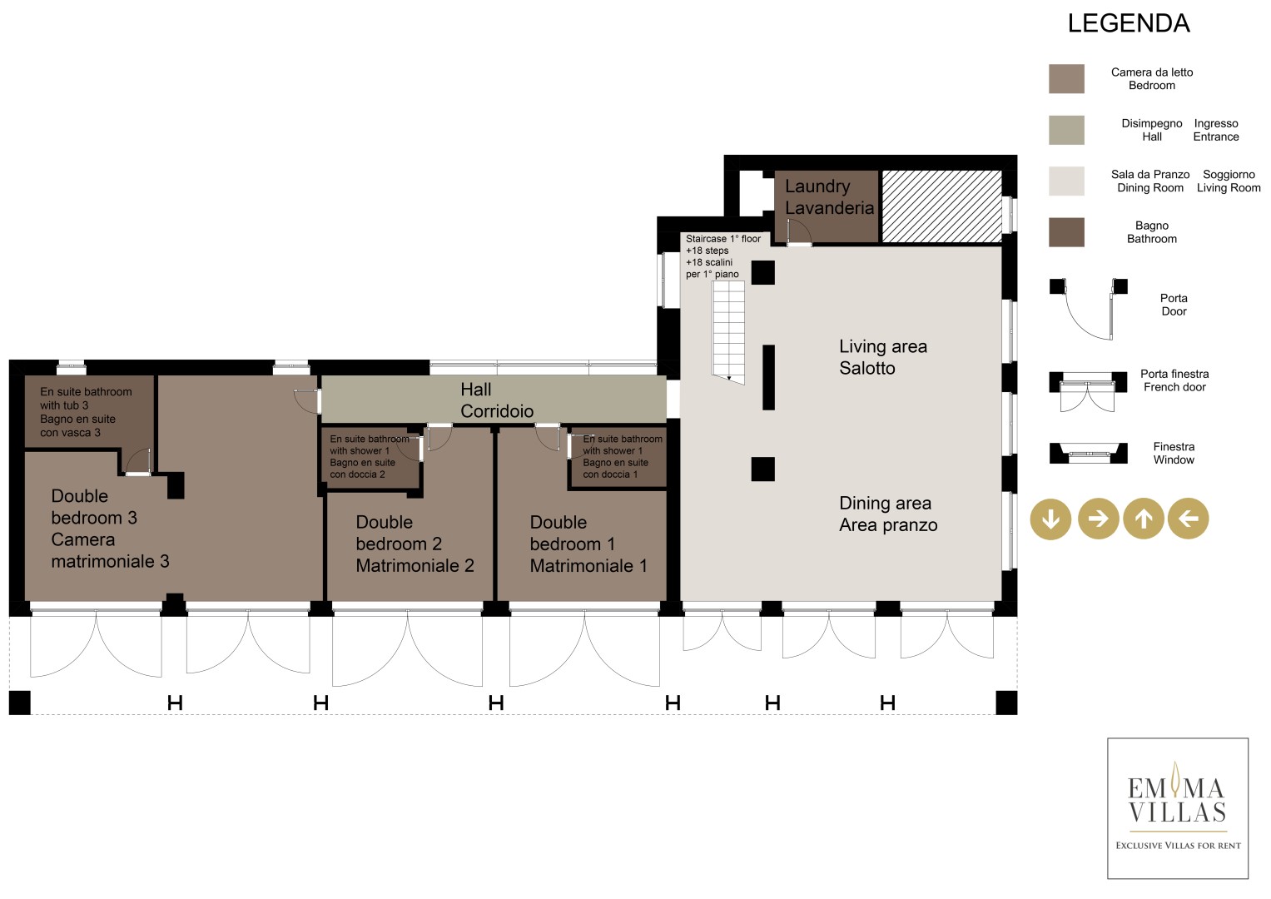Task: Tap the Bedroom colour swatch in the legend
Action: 1066,78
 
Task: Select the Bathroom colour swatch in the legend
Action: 1066,232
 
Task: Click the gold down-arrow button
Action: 1050,519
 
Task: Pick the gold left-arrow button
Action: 1188,518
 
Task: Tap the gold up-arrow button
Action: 1144,518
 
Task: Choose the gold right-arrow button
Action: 1098,518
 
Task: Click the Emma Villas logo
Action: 1178,808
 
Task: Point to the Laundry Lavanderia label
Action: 829,197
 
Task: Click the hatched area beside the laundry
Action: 941,206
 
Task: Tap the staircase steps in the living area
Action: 728,333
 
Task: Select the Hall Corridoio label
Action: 496,400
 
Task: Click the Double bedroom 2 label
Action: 415,544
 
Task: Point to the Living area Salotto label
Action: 883,357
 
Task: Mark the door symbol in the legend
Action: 1088,309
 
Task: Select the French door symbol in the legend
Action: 1088,391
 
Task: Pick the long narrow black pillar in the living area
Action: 768,377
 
